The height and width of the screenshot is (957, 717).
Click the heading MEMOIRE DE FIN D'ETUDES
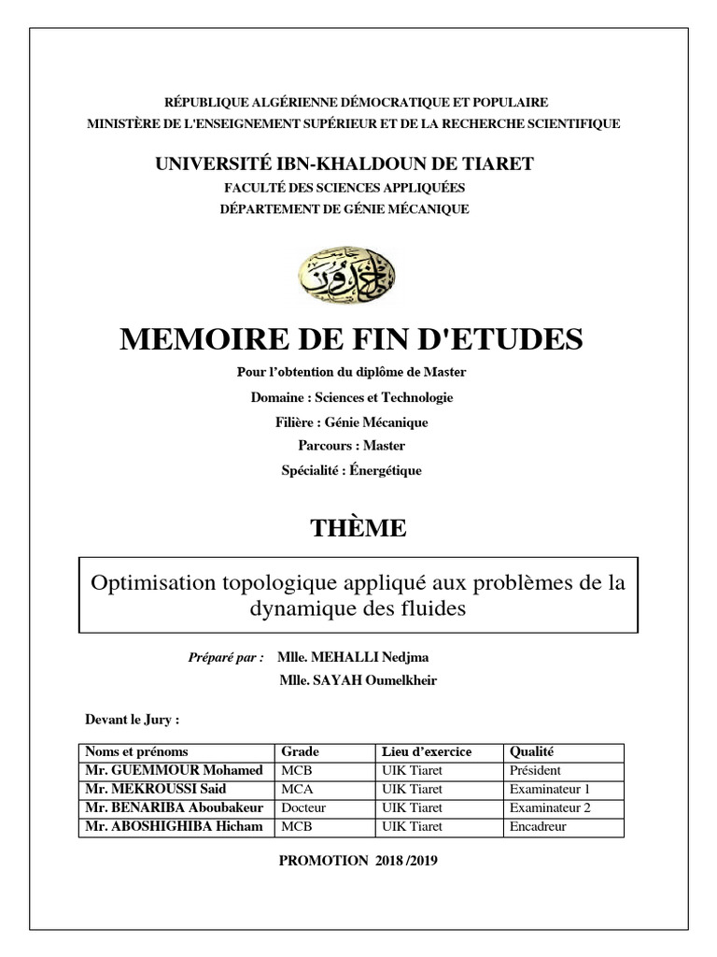click(351, 339)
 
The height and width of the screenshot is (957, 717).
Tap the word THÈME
click(358, 528)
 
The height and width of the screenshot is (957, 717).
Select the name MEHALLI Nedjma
click(360, 658)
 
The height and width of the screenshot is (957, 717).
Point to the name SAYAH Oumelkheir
click(358, 680)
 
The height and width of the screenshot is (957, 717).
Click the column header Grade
click(301, 751)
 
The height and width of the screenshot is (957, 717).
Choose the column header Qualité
click(532, 751)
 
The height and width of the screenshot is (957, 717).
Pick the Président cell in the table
click(535, 771)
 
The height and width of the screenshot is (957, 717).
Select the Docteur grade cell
click(303, 808)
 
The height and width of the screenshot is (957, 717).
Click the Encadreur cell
click(538, 827)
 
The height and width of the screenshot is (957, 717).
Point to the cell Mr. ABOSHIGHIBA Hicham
click(174, 827)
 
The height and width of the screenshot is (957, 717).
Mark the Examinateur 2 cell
click(550, 808)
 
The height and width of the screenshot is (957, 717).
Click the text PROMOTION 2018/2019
click(358, 861)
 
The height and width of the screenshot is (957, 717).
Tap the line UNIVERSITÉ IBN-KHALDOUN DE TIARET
click(344, 164)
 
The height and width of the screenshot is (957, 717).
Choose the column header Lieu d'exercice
click(427, 751)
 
